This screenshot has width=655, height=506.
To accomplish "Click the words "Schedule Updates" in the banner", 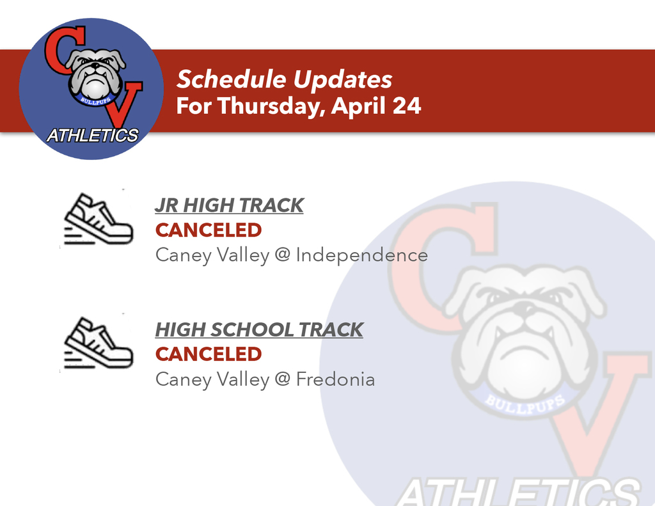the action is point(284,79).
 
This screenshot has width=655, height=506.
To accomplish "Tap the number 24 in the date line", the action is point(406,106).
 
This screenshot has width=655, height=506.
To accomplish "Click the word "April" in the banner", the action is point(359,106).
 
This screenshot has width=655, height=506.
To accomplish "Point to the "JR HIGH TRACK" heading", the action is point(230,205).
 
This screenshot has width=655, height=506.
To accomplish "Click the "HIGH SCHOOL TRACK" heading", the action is point(260,329).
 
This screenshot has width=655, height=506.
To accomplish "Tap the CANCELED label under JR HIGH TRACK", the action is point(209,230).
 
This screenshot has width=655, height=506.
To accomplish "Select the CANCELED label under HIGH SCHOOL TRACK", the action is point(209,354).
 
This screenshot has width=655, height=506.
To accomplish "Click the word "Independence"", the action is point(362,255).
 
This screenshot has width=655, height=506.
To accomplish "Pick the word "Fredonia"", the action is point(335,379).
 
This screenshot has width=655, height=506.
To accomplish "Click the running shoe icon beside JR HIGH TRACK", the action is point(98,219).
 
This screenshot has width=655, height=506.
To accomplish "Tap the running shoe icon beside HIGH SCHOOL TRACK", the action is point(98,343).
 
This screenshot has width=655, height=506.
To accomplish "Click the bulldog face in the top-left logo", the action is point(95,75).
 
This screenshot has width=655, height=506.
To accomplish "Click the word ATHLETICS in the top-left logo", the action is point(92,136).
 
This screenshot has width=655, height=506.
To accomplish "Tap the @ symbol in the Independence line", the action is point(282,254).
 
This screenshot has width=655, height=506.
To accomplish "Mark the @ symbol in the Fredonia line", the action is point(282,378).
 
